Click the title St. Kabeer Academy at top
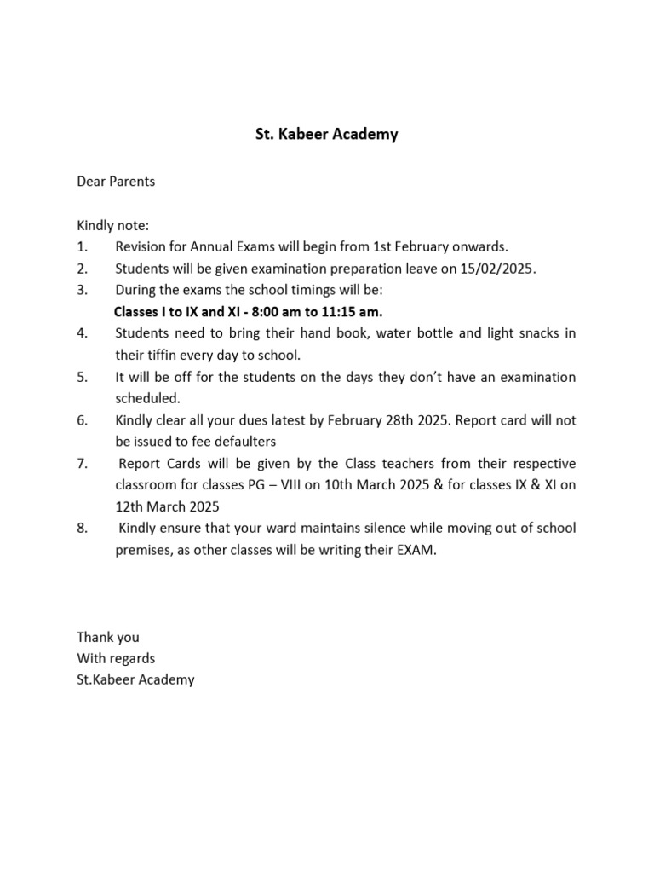click(x=327, y=135)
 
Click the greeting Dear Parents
click(x=116, y=182)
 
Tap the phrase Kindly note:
click(x=112, y=225)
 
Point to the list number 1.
click(x=82, y=247)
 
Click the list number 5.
click(x=82, y=377)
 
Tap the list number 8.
click(x=82, y=529)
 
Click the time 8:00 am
click(x=279, y=312)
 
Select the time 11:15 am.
click(x=351, y=312)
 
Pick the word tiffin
click(x=164, y=355)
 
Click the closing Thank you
click(x=108, y=637)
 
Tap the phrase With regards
click(x=116, y=658)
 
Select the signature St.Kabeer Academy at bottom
click(x=135, y=680)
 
